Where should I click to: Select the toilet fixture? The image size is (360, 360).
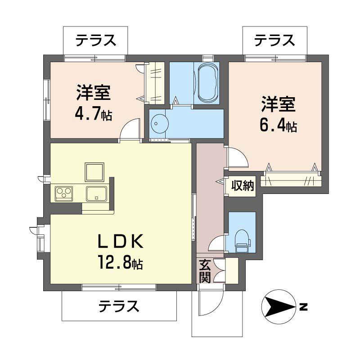[x=242, y=238]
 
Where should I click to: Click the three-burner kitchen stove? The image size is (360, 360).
[x=64, y=194]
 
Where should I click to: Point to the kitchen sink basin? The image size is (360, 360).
[x=96, y=194]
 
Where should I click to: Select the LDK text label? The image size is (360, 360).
[x=121, y=243]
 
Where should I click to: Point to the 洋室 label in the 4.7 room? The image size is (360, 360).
[x=94, y=93]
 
